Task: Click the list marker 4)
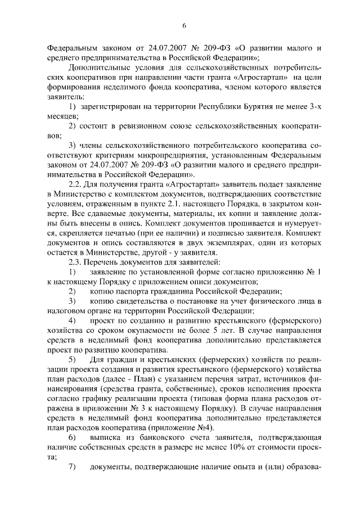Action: (73, 319)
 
